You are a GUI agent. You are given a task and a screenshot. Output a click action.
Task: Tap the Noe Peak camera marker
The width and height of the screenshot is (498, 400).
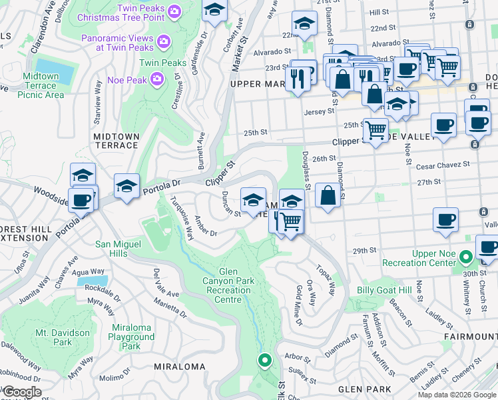pos(157,80)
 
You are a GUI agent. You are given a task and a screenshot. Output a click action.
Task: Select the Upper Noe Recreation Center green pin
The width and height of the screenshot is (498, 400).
pos(466,256)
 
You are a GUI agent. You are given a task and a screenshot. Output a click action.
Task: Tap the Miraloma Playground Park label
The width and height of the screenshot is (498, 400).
pos(131,341)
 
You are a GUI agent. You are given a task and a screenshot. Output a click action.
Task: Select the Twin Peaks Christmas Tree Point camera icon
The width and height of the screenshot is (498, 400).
pos(174,11)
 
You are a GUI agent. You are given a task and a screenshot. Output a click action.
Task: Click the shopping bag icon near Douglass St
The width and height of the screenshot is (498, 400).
pos(327,196)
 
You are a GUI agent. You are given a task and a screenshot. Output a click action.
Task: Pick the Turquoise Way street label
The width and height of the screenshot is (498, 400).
pos(180,218)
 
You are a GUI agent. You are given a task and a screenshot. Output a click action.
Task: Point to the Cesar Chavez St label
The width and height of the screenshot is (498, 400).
pos(447,163)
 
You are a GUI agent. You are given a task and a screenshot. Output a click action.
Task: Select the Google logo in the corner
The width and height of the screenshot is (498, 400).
pos(22,392)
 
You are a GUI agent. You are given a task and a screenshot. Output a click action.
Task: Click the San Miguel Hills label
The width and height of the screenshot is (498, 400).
pos(121,249)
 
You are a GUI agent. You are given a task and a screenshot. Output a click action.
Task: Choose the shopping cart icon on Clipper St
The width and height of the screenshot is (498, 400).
pos(375,129)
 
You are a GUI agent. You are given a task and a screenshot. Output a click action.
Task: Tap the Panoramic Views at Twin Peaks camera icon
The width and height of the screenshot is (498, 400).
pos(164,43)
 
